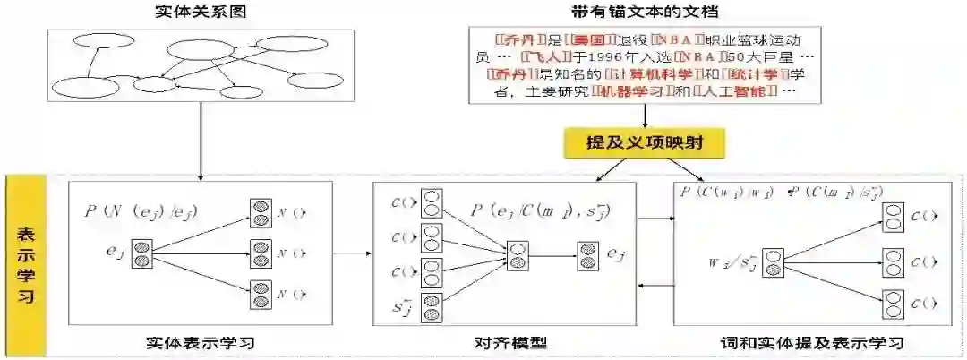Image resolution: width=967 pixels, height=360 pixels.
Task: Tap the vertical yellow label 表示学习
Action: [x=26, y=265]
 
